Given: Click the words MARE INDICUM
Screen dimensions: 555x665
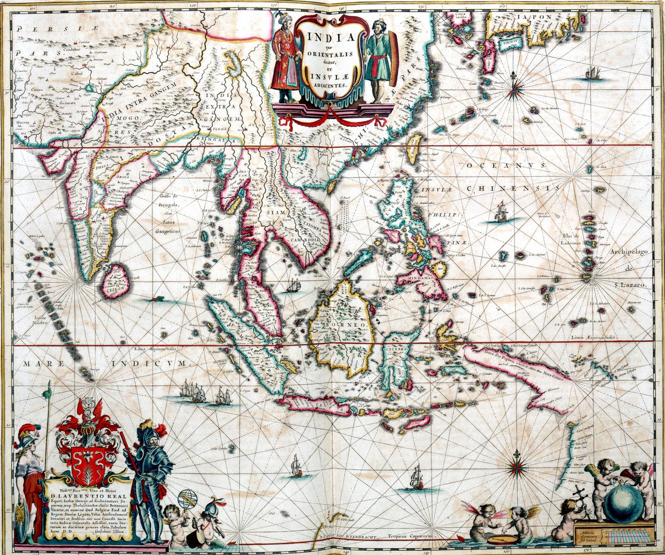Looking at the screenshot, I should coord(104,364).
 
